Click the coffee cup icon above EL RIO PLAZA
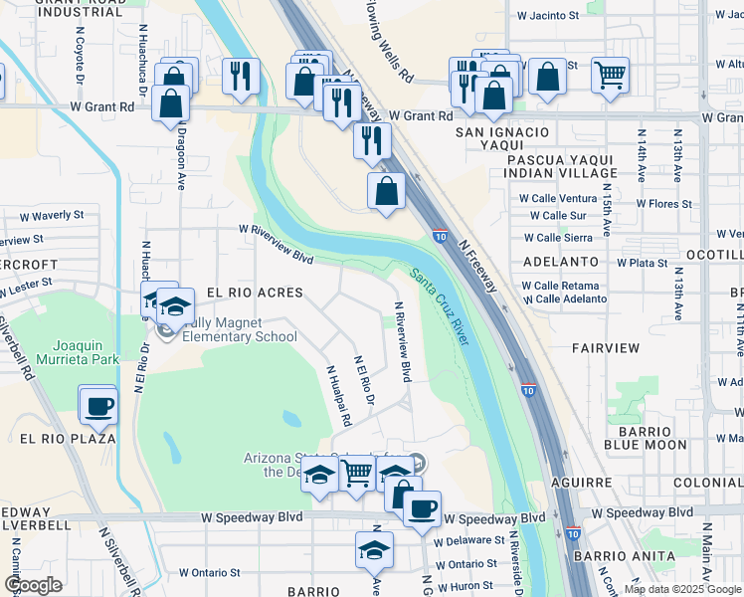[98, 405]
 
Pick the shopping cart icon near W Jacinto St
[610, 74]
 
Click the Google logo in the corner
[32, 585]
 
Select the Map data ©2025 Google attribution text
[683, 589]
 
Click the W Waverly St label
[49, 215]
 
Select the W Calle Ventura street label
[558, 198]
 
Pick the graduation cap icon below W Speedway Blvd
[374, 549]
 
